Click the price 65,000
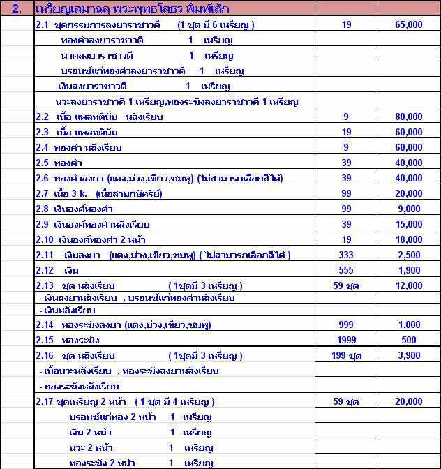pyautogui.click(x=409, y=24)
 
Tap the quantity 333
pyautogui.click(x=346, y=255)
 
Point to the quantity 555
pyautogui.click(x=346, y=270)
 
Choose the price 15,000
pyautogui.click(x=409, y=224)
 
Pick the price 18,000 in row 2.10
pyautogui.click(x=409, y=239)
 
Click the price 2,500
pyautogui.click(x=409, y=255)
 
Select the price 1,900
pyautogui.click(x=409, y=270)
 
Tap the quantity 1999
pyautogui.click(x=346, y=340)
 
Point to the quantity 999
pyautogui.click(x=346, y=325)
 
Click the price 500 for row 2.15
pyautogui.click(x=409, y=340)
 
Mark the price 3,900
pyautogui.click(x=409, y=355)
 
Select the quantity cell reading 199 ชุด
pyautogui.click(x=346, y=355)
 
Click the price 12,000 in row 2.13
pyautogui.click(x=409, y=285)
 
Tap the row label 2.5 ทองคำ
pyautogui.click(x=51, y=162)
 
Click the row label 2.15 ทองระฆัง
pyautogui.click(x=63, y=340)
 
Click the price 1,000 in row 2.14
pyautogui.click(x=409, y=325)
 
